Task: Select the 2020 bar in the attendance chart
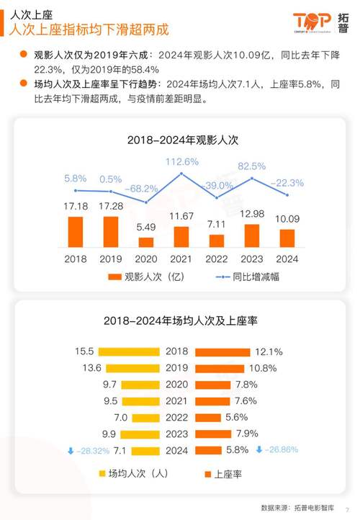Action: point(146,242)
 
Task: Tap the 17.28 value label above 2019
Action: point(111,206)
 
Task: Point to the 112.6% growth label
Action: point(181,161)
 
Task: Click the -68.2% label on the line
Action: point(146,188)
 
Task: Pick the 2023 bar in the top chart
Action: point(252,236)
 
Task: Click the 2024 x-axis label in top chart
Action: point(287,258)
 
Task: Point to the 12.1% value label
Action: point(268,352)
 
